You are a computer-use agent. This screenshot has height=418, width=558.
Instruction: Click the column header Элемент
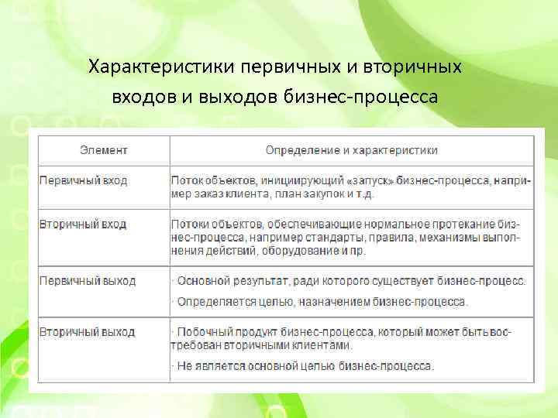(x=105, y=150)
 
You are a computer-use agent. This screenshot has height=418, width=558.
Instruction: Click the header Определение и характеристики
(x=352, y=150)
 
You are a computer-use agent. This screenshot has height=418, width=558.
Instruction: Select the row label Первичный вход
(x=83, y=180)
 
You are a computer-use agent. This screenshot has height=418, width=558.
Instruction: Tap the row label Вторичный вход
(x=82, y=224)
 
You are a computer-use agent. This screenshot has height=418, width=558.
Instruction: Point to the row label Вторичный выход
(x=87, y=332)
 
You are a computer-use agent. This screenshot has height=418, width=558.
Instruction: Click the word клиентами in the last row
(x=322, y=345)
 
